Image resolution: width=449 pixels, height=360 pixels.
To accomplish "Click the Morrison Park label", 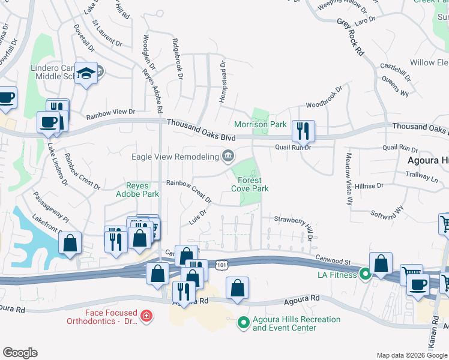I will pos(261,124).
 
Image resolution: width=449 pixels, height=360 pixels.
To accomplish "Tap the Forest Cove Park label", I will pos(250,184).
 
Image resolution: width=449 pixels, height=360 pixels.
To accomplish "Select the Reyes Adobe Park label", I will pos(142,190).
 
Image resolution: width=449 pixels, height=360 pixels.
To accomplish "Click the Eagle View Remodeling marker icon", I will pos(228,157).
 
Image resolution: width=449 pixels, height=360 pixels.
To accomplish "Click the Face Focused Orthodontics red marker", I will pos(145,316).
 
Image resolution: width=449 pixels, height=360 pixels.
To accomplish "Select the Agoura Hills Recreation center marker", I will pos(243,324).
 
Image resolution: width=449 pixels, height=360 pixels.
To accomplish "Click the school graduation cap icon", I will pos(86,73).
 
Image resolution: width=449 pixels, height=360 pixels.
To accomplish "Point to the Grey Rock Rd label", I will pos(351,37).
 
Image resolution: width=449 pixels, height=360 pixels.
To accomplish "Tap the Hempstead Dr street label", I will pos(223,80).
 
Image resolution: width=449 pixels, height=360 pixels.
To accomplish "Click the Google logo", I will pos(20,353).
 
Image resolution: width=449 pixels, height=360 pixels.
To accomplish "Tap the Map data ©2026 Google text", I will pos(412,355).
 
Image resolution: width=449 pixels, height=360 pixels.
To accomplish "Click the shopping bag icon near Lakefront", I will pos(70,243).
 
